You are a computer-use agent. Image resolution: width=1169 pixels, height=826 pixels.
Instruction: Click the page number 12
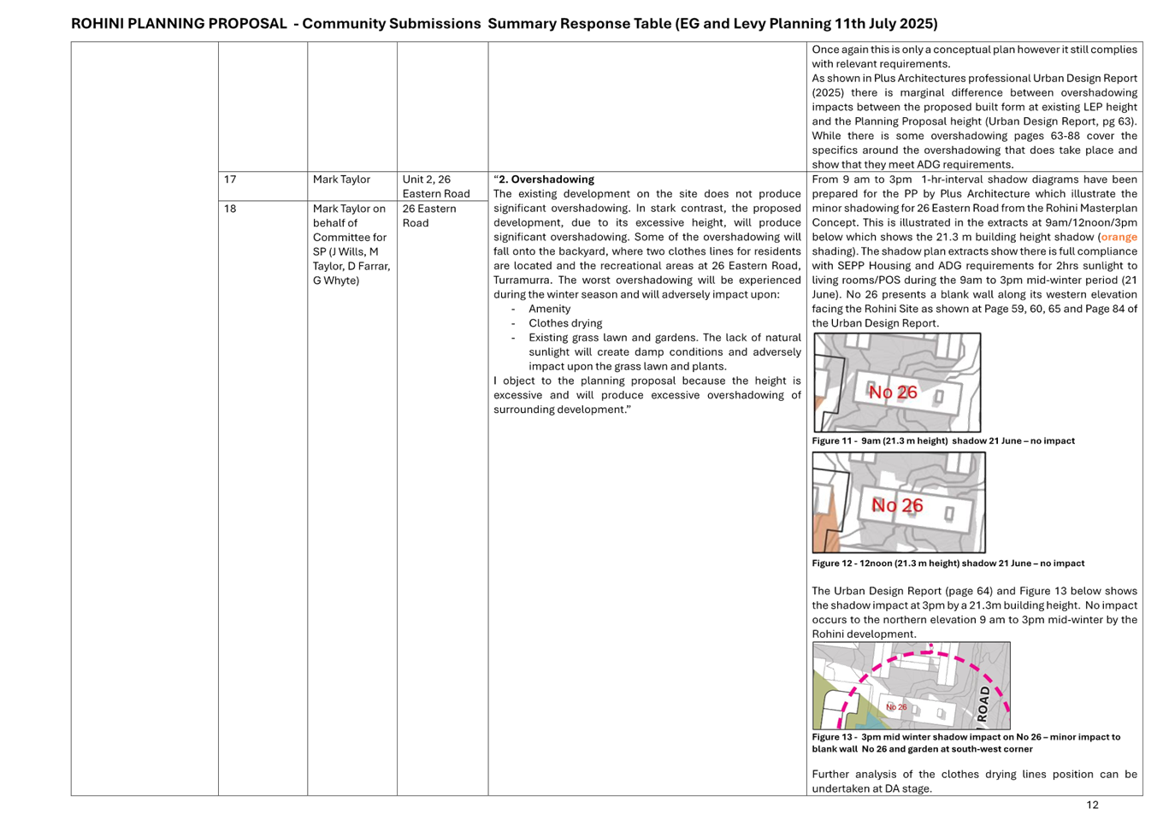pos(1092,805)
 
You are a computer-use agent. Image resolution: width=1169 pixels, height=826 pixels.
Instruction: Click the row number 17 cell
pos(230,180)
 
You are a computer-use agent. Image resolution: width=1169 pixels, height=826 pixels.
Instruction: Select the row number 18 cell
pos(230,209)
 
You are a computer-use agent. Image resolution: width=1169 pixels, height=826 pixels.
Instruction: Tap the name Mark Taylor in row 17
pos(341,180)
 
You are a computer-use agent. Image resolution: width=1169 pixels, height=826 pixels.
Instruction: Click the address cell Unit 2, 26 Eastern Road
pos(436,186)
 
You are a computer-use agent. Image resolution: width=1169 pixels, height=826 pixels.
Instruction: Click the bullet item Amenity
pos(549,309)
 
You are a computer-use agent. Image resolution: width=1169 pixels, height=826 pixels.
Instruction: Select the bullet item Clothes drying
pos(565,323)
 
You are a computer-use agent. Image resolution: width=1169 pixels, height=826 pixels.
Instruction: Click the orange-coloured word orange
pos(1119,238)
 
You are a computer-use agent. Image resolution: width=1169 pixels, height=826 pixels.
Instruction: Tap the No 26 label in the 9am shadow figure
pos(893,392)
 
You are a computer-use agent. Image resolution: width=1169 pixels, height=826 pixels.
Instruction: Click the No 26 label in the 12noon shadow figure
pos(897,505)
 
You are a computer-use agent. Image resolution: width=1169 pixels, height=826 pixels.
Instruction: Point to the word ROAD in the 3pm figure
pos(983,702)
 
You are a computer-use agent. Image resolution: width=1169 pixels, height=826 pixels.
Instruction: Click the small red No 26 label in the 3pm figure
pos(896,707)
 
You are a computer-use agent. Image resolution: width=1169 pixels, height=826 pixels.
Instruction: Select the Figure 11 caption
pos(943,441)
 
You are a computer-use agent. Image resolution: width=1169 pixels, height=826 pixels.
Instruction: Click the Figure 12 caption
pos(948,563)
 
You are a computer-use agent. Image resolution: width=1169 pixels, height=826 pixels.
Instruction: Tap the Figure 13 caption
pos(965,742)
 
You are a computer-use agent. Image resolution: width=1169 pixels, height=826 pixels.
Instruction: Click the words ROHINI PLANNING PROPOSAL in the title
pos(179,24)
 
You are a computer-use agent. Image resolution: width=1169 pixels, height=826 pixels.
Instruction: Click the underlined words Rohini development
pos(863,634)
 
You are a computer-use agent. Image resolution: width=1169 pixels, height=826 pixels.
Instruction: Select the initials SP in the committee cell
pos(319,251)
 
